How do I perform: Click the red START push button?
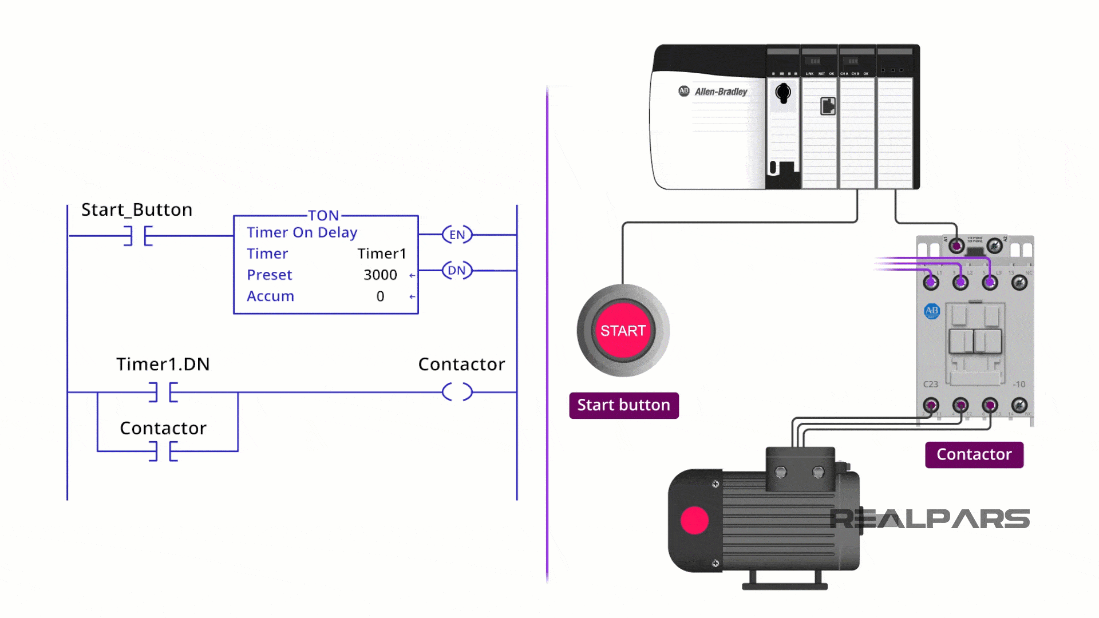623,331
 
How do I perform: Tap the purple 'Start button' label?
623,405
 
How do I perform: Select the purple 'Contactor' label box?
974,454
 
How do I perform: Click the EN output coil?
457,235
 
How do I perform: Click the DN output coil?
457,270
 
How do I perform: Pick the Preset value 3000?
380,275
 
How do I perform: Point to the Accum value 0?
380,296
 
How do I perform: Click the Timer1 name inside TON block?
382,253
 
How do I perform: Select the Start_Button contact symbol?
138,235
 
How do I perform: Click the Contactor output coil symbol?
457,392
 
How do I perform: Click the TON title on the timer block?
323,216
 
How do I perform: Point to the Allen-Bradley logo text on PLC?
721,92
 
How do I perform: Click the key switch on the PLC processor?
783,92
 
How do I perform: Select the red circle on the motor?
694,520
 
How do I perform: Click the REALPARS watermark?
930,519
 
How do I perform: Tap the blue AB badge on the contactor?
932,311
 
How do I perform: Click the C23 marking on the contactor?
930,385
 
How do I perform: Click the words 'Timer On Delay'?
302,232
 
